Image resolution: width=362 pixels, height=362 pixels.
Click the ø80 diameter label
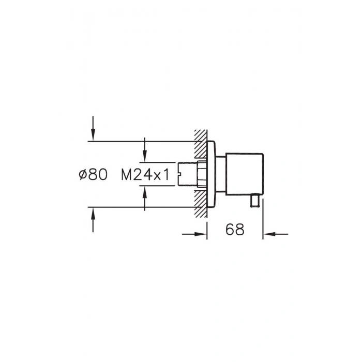pyautogui.click(x=93, y=174)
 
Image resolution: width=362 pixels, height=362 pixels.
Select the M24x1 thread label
pyautogui.click(x=145, y=174)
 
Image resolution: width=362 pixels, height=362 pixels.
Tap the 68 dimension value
pyautogui.click(x=235, y=230)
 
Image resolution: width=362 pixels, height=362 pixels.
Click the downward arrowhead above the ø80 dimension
pyautogui.click(x=93, y=134)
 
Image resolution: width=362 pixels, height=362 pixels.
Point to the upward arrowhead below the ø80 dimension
pyautogui.click(x=93, y=214)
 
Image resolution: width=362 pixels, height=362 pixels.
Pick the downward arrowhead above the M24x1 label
pyautogui.click(x=144, y=156)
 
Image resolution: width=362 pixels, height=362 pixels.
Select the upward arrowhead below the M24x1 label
pyautogui.click(x=144, y=192)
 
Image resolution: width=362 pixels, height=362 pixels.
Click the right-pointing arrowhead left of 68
pyautogui.click(x=201, y=234)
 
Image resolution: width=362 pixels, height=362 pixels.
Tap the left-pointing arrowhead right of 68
pyautogui.click(x=269, y=234)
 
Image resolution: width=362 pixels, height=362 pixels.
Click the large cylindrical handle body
pyautogui.click(x=244, y=174)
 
